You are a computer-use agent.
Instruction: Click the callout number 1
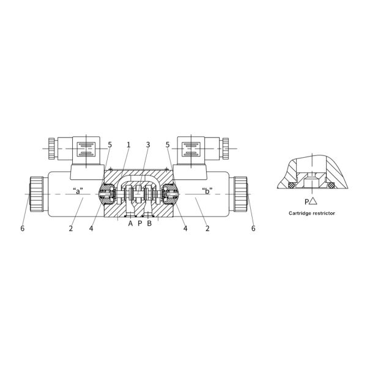point(128,145)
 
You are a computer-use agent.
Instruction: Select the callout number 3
point(147,145)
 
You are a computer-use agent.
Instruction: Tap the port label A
point(130,223)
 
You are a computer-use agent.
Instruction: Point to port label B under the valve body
point(149,223)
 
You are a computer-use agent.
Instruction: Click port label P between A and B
point(139,223)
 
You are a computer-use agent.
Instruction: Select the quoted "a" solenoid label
point(78,189)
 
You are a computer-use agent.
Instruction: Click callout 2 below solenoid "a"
point(71,228)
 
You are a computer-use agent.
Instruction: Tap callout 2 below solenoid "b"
point(207,228)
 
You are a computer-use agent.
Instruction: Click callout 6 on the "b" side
point(253,228)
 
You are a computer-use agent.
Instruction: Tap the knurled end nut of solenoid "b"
point(240,195)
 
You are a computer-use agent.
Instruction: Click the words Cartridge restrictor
point(312,213)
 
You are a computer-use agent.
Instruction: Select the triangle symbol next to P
point(313,201)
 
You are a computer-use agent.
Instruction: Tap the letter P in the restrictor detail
point(306,201)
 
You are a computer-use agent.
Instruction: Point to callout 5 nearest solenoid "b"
point(167,145)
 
